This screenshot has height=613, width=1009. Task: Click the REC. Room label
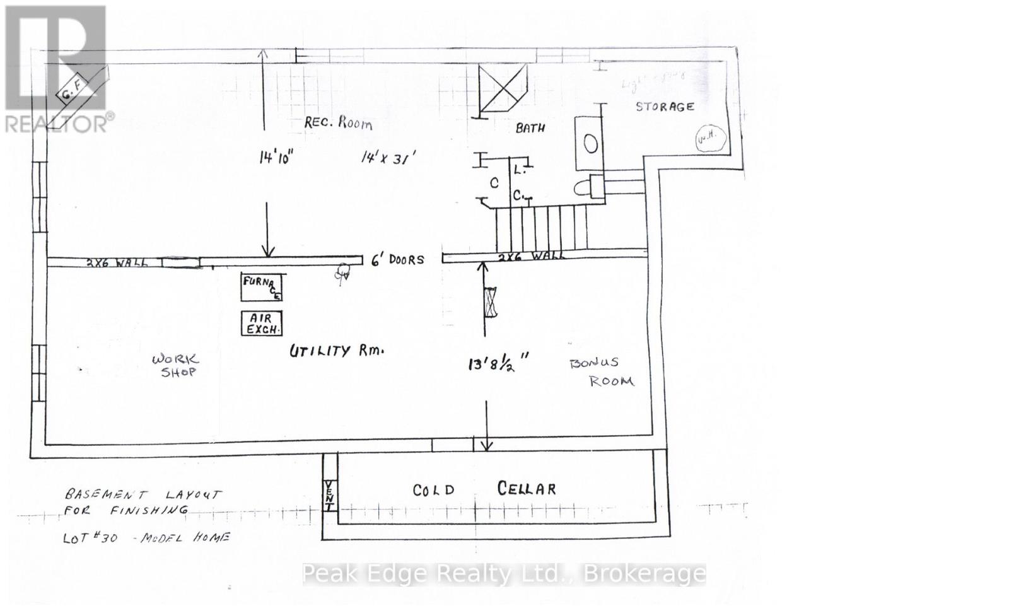pos(338,122)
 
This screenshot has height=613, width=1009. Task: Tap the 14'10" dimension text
pos(276,157)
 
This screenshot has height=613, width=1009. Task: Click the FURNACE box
pos(262,287)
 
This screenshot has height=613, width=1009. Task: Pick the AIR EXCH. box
pos(262,324)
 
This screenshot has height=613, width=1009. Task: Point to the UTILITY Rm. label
pos(336,351)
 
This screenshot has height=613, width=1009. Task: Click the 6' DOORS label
pos(397,259)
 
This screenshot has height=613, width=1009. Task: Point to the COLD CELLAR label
pos(484,489)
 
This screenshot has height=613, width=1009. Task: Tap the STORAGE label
pos(665,107)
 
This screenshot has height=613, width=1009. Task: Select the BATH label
pos(530,128)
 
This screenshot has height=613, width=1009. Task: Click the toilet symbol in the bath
pos(589,186)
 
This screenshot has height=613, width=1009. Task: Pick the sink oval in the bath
pos(591,144)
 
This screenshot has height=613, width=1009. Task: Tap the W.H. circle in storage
pos(704,139)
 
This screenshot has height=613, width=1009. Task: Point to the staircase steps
pos(541,228)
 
